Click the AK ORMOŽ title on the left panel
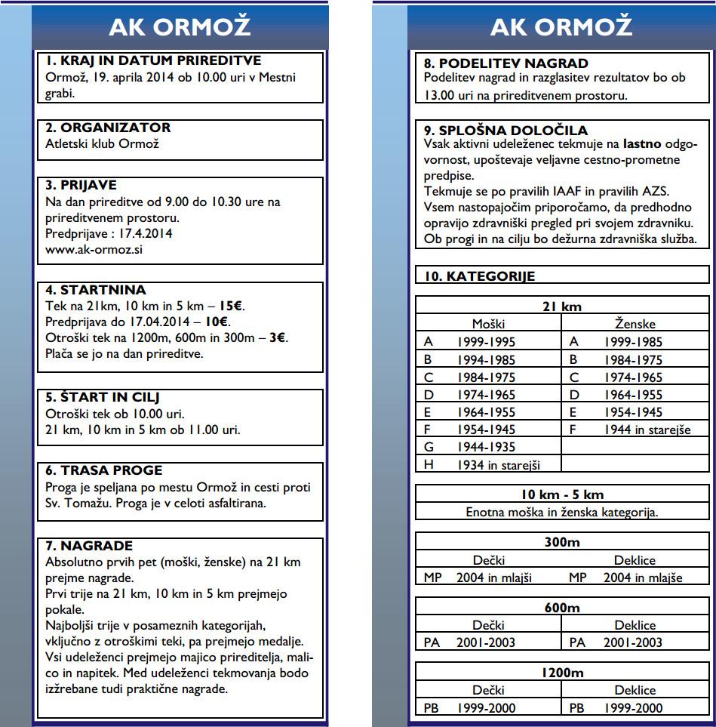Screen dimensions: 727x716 tap(180, 27)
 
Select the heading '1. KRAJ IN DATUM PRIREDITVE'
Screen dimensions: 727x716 tap(153, 61)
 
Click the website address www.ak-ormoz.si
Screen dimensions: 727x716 tap(94, 250)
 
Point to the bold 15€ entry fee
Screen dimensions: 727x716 tap(232, 307)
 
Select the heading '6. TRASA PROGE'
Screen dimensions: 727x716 tap(104, 470)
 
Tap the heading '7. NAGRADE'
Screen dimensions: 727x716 tap(89, 546)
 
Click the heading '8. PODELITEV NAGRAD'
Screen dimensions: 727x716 tap(506, 63)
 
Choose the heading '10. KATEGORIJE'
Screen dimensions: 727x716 tap(479, 276)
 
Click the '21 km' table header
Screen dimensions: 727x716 tap(562, 307)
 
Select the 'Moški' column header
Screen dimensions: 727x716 tap(488, 324)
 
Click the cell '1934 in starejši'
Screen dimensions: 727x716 tap(498, 465)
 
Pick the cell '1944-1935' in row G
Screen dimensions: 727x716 tap(487, 448)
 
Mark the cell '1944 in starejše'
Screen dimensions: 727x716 tap(647, 430)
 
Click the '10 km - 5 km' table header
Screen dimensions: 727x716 tap(562, 494)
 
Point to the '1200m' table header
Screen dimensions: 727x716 tap(562, 673)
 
